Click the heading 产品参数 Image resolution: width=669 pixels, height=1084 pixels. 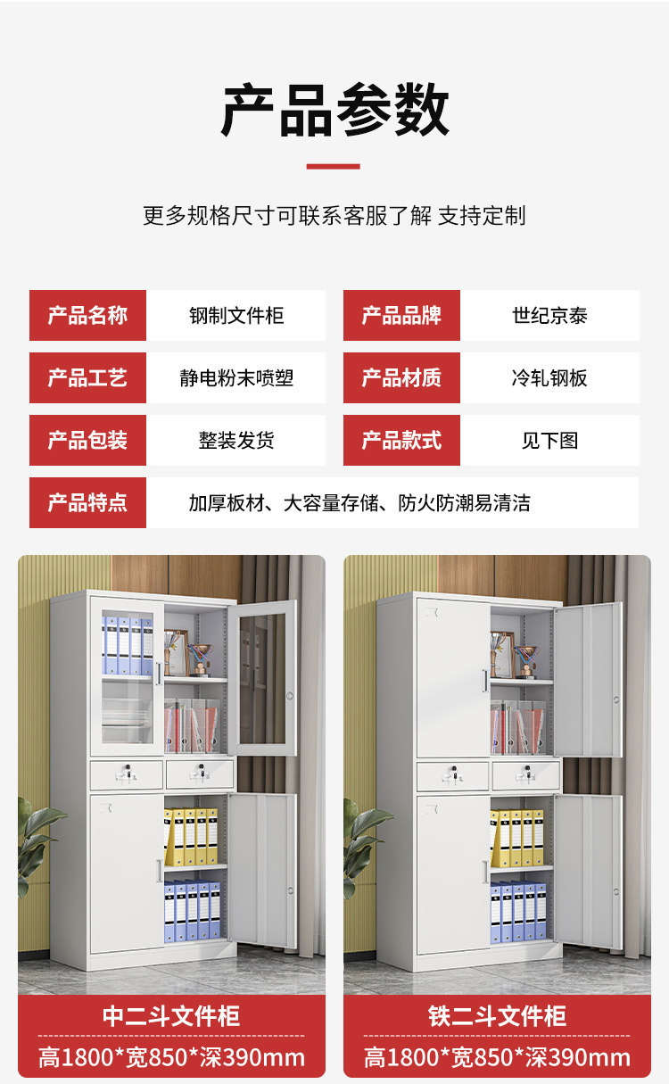334,111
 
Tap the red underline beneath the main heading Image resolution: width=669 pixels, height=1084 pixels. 334,166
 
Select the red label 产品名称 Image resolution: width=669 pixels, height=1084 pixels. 87,315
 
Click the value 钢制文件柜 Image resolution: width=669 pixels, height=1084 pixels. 236,315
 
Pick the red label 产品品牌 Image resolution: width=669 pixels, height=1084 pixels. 401,315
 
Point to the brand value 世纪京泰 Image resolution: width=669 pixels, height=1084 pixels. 549,315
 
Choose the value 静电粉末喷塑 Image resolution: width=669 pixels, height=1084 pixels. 236,377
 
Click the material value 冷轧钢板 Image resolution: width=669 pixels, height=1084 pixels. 549,377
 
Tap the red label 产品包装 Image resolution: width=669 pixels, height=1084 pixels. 87,440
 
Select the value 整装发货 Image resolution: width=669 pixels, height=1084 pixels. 236,440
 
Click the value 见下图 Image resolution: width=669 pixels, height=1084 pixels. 549,440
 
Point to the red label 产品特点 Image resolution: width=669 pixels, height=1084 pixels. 87,502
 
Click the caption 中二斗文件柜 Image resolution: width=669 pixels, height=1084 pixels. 171,1016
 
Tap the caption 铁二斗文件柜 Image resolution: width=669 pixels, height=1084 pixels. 497,1016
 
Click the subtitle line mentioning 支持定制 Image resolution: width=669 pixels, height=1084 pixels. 334,215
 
